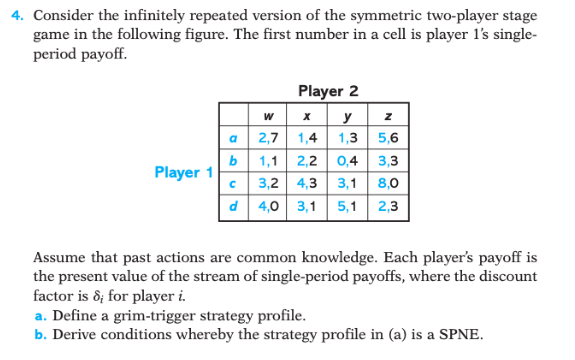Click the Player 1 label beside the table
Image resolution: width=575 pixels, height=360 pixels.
coord(183,172)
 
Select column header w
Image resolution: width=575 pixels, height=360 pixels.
coord(266,118)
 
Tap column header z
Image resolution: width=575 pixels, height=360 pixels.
coord(387,118)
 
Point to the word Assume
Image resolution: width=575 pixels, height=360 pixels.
coord(60,257)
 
